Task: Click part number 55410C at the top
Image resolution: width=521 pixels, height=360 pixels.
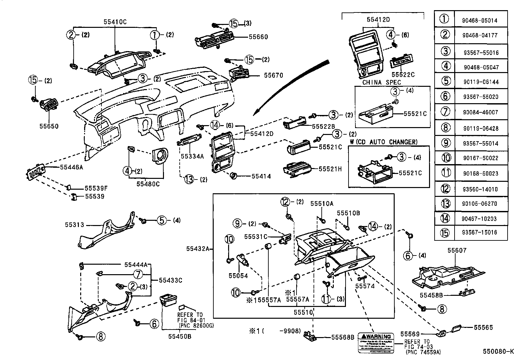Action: pos(115,22)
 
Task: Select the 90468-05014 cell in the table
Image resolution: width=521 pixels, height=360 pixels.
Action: pos(480,20)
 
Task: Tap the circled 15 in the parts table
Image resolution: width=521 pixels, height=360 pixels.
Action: pos(444,233)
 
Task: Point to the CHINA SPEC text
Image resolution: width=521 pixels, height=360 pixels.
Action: pos(381,83)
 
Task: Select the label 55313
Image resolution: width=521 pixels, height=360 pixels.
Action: pos(74,225)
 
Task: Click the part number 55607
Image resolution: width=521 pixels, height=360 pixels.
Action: pos(457,251)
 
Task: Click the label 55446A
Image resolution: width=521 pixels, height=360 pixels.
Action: pos(71,167)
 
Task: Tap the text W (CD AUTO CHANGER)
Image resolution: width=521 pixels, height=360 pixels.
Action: pos(384,142)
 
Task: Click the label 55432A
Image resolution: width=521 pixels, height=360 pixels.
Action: pos(198,249)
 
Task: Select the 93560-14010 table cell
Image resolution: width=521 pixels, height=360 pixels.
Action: pos(480,189)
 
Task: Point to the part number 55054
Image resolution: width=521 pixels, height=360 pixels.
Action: pos(238,276)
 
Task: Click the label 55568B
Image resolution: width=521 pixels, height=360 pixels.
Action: pos(343,337)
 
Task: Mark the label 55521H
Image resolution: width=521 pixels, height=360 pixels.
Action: pos(330,169)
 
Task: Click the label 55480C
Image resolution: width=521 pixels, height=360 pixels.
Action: pos(148,184)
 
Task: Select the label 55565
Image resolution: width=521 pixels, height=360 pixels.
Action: pos(483,327)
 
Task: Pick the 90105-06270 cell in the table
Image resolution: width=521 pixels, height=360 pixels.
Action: pos(480,204)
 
